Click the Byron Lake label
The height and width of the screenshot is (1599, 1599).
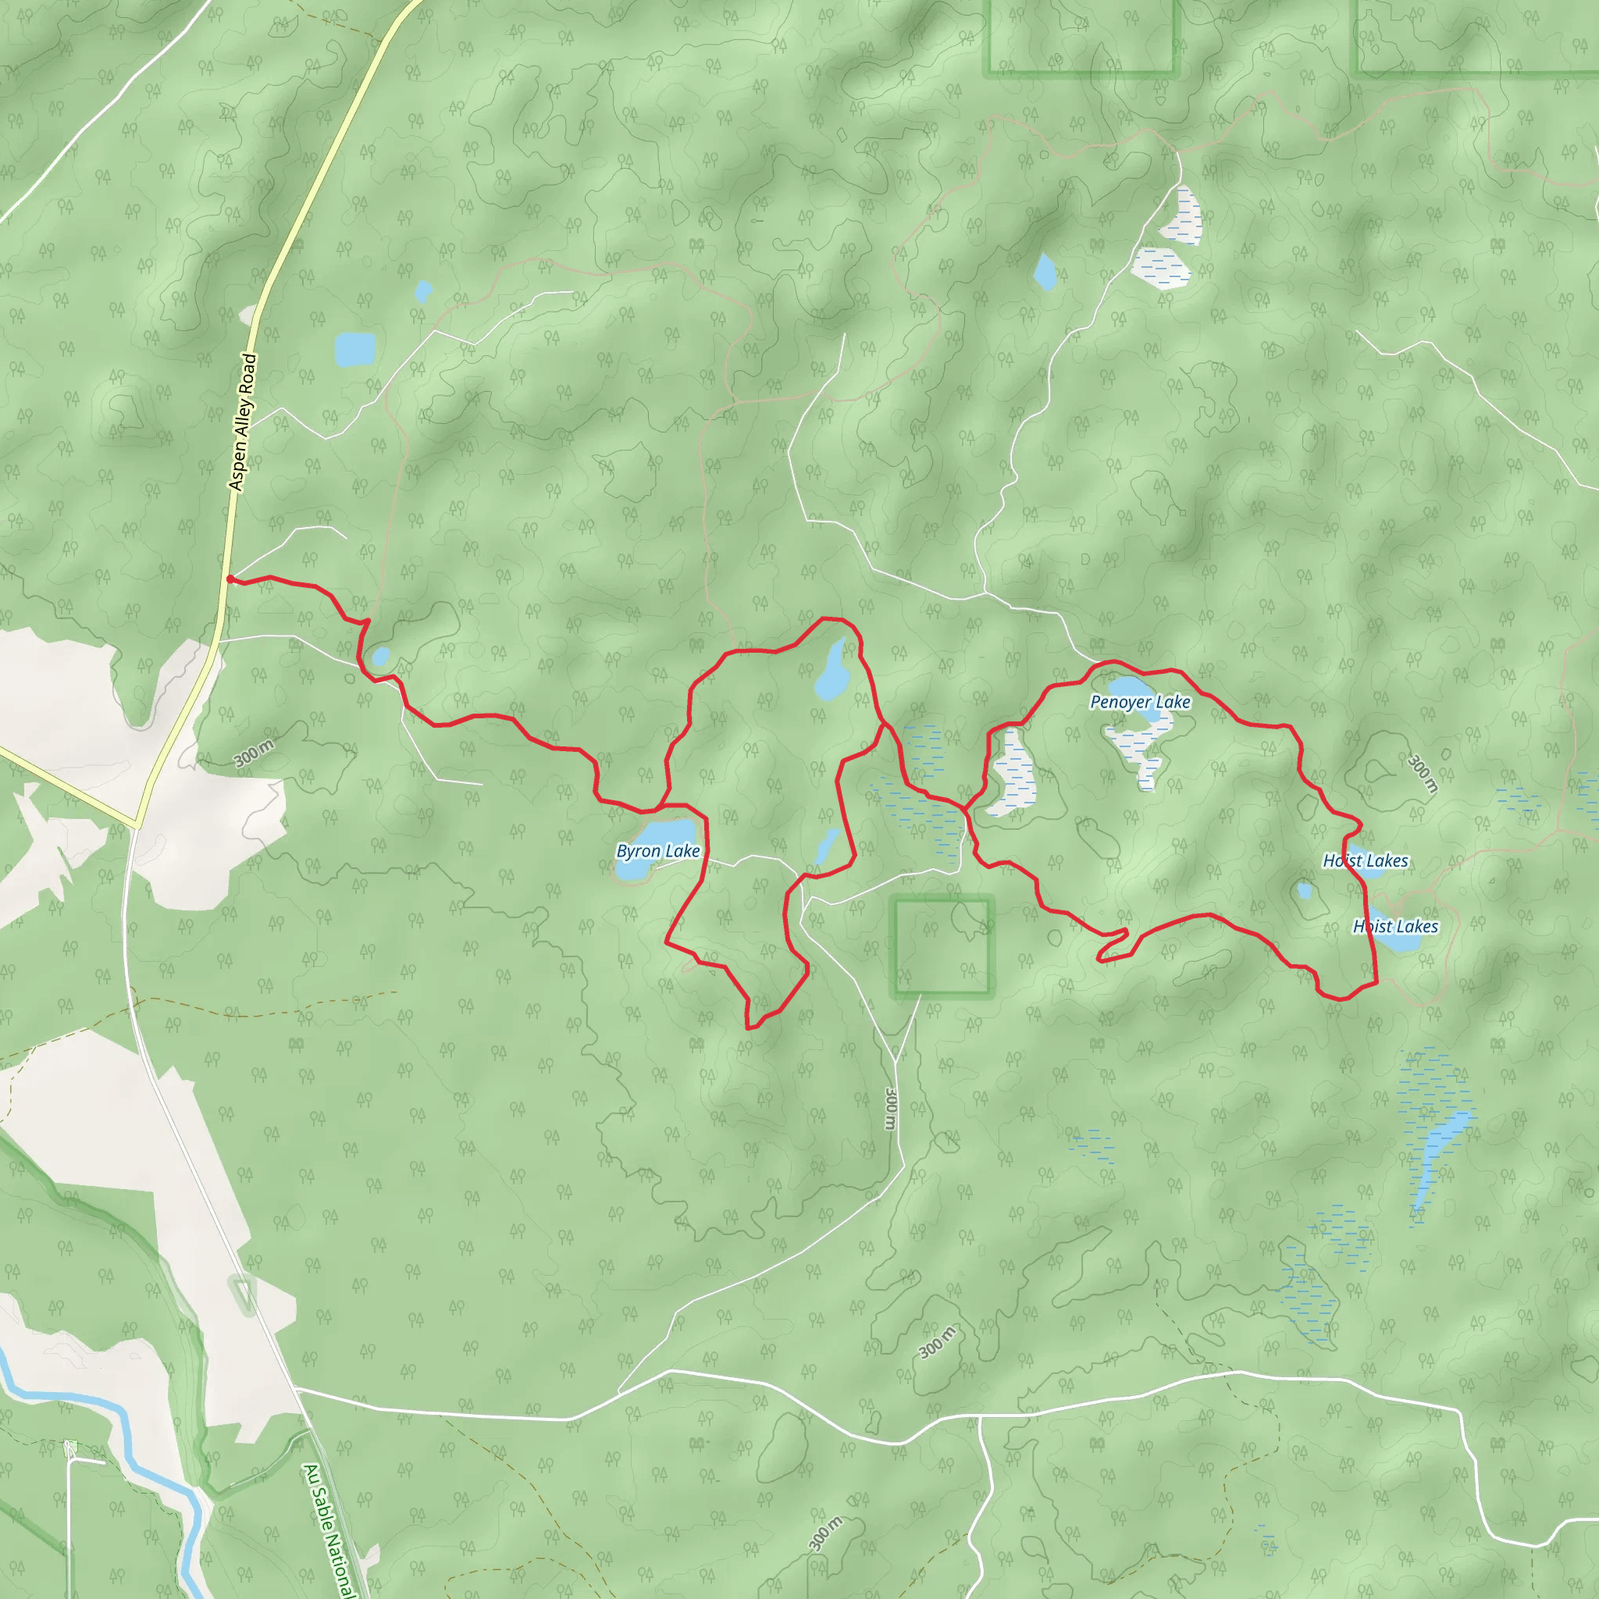(658, 851)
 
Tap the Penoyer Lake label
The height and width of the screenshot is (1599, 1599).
(1140, 703)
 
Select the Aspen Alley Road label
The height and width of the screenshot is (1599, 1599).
(243, 422)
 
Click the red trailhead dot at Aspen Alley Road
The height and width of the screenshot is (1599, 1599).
(230, 579)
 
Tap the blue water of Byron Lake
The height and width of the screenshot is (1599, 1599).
(662, 832)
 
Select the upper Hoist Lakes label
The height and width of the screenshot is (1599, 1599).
(1366, 860)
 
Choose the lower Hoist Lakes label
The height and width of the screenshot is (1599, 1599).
(1395, 926)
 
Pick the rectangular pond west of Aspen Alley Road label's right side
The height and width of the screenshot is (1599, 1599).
(355, 349)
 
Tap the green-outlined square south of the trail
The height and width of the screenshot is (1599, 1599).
(942, 946)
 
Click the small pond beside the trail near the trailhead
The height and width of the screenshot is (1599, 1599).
(380, 657)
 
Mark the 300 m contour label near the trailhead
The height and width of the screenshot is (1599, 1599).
(253, 753)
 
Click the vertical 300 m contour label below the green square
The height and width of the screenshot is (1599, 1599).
(891, 1109)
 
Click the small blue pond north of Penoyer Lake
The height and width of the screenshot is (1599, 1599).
(1045, 272)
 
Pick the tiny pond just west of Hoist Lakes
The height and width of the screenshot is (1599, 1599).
(1305, 892)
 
